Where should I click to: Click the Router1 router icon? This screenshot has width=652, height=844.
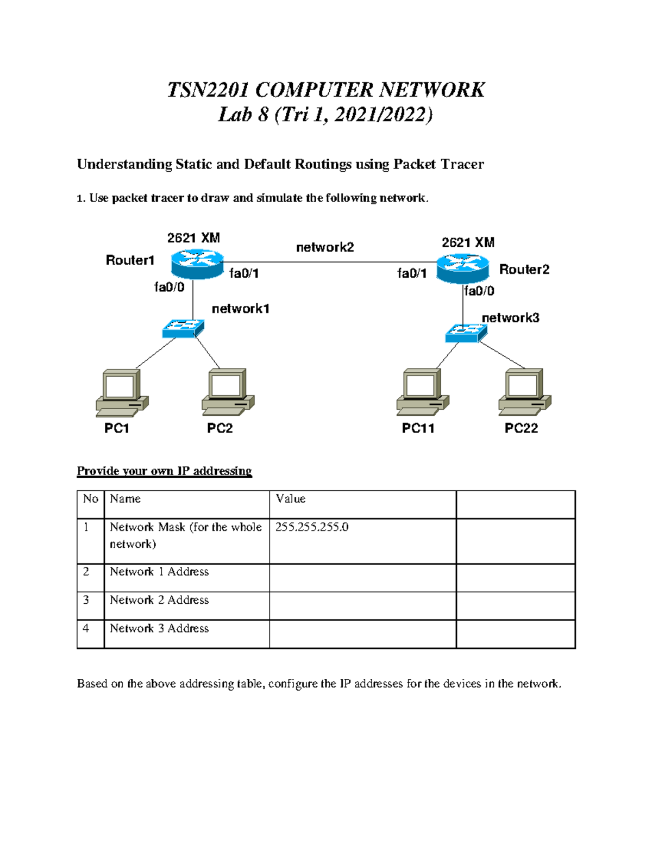tap(197, 264)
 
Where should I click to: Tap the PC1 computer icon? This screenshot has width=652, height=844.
tap(122, 393)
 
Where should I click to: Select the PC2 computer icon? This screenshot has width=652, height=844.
tap(228, 392)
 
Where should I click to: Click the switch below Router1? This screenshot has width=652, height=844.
tap(183, 328)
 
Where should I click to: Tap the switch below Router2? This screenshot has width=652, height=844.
tap(466, 333)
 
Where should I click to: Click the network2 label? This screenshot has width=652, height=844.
tap(325, 247)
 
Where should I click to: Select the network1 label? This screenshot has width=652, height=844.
tap(240, 309)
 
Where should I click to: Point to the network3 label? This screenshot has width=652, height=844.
tap(510, 318)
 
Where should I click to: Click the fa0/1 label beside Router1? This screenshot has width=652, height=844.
tap(244, 273)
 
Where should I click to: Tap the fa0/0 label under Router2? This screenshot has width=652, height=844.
tap(479, 291)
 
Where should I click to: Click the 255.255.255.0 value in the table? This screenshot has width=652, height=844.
tap(312, 527)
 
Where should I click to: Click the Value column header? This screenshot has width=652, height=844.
tap(291, 499)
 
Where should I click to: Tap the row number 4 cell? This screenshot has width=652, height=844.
tap(86, 628)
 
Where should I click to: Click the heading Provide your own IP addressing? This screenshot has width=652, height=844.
tap(164, 471)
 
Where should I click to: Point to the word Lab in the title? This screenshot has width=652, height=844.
tap(235, 115)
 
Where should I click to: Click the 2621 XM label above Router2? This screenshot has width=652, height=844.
tap(468, 242)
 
